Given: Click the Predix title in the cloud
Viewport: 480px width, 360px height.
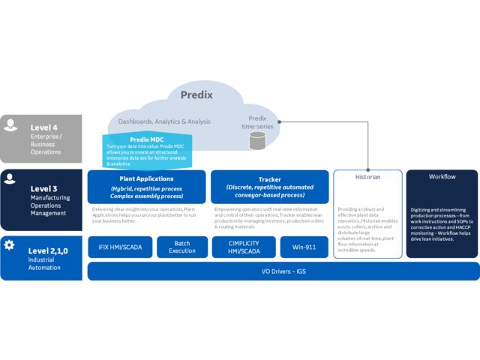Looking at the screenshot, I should pos(197,95).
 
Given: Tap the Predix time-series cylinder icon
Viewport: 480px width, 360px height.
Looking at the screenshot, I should pos(257,140).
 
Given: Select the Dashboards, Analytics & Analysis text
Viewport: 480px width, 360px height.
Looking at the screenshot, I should pos(164,121).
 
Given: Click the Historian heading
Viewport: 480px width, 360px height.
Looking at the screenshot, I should pos(367,178).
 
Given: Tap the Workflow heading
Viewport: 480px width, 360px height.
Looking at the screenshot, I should pos(442,177).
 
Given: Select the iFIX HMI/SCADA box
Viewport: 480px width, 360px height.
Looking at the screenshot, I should pos(120,247).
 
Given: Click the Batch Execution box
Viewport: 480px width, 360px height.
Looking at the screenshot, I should pos(181,247).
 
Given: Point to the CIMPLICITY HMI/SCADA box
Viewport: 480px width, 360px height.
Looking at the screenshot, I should pos(241,247).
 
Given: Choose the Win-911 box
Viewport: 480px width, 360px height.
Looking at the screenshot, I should pos(304,247).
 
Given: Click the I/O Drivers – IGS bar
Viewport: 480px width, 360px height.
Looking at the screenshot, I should pos(283,271).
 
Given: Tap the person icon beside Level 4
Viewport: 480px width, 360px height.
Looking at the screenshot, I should pos(10,126).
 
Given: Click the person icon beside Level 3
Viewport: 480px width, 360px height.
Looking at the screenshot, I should pos(10,181).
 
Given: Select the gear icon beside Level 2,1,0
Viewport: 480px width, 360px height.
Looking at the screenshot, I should pos(10,245).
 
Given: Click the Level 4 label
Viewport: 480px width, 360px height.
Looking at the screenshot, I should pos(46,127).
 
